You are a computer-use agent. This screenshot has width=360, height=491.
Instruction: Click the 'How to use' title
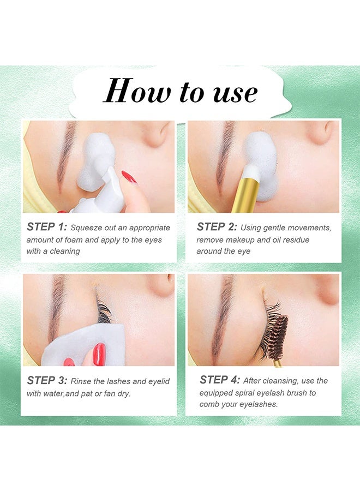(x=181, y=91)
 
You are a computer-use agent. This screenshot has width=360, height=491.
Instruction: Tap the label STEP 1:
(x=47, y=227)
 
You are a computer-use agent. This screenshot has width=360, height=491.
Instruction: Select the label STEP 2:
(x=217, y=227)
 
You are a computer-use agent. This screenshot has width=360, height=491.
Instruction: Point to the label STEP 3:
(x=47, y=380)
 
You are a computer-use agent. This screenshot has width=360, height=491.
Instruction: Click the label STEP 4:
(x=220, y=380)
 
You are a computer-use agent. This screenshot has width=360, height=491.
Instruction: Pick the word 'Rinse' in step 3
(x=81, y=381)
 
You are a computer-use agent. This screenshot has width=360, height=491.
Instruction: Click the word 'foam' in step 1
(x=74, y=240)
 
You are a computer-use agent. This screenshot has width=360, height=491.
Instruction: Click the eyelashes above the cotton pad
(x=103, y=308)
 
